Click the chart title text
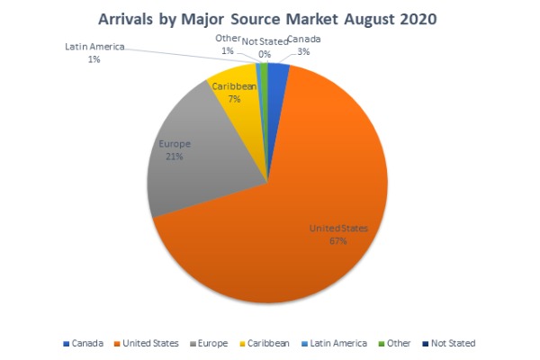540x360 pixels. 269,17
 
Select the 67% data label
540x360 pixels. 338,240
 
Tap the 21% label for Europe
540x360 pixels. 173,156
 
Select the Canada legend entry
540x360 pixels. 85,343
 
